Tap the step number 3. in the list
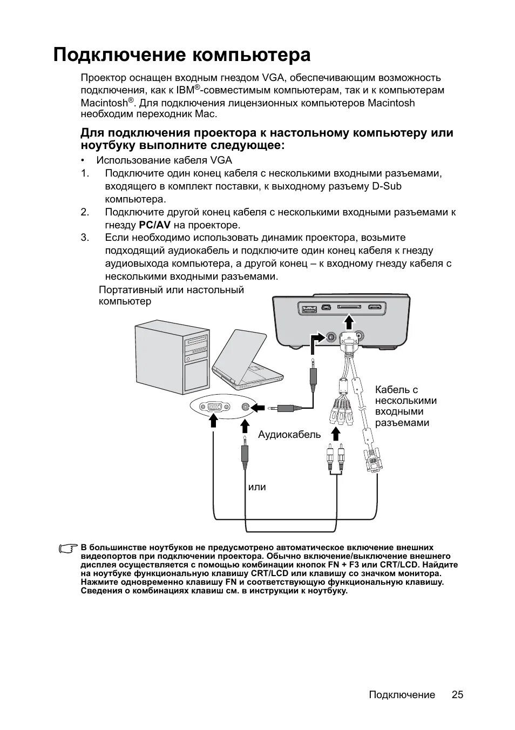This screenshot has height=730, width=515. point(85,238)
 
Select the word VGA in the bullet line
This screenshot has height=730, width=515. point(221,160)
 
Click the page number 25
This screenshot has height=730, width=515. point(457,695)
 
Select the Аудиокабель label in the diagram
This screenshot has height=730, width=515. point(289,435)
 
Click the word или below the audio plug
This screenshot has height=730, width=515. point(257,487)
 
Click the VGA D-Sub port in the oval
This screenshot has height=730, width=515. point(214,407)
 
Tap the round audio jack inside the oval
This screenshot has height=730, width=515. point(246,407)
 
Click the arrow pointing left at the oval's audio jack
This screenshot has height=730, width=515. point(260,407)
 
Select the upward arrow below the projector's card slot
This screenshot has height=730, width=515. point(349,323)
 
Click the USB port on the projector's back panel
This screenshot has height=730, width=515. point(309,309)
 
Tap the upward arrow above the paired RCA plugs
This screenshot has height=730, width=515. point(336,434)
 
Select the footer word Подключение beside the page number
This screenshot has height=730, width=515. point(402,695)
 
